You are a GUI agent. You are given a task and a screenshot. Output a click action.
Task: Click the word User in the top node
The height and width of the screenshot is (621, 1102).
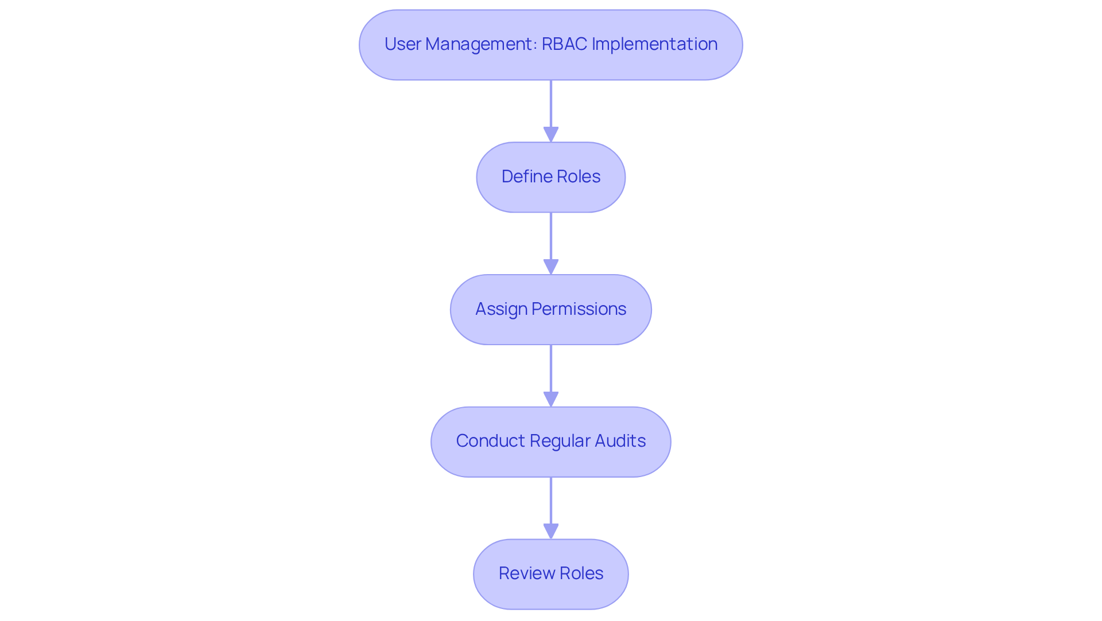pyautogui.click(x=402, y=44)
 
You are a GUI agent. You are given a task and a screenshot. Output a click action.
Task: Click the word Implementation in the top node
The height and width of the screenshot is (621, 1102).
pyautogui.click(x=654, y=44)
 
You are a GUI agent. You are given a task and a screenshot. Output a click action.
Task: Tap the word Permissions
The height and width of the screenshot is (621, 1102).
pyautogui.click(x=579, y=309)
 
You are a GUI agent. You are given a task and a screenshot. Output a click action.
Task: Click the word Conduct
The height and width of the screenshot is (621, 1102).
pyautogui.click(x=490, y=441)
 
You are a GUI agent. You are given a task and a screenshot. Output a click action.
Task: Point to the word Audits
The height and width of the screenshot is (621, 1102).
pyautogui.click(x=620, y=441)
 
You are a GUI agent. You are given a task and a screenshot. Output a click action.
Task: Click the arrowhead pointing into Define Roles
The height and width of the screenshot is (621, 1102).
pyautogui.click(x=551, y=134)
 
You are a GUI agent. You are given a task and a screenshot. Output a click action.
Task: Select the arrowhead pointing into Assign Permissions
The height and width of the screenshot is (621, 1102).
pyautogui.click(x=551, y=267)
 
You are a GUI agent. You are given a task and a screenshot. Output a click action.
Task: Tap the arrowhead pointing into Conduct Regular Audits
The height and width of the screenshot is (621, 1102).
pyautogui.click(x=551, y=399)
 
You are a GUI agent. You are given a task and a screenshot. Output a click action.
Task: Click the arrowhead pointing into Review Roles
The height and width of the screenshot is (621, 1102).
pyautogui.click(x=551, y=531)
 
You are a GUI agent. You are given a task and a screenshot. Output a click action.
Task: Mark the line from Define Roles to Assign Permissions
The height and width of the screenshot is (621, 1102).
pyautogui.click(x=551, y=235)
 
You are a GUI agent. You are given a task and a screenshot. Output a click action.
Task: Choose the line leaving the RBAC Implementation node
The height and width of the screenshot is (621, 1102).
pyautogui.click(x=551, y=103)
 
